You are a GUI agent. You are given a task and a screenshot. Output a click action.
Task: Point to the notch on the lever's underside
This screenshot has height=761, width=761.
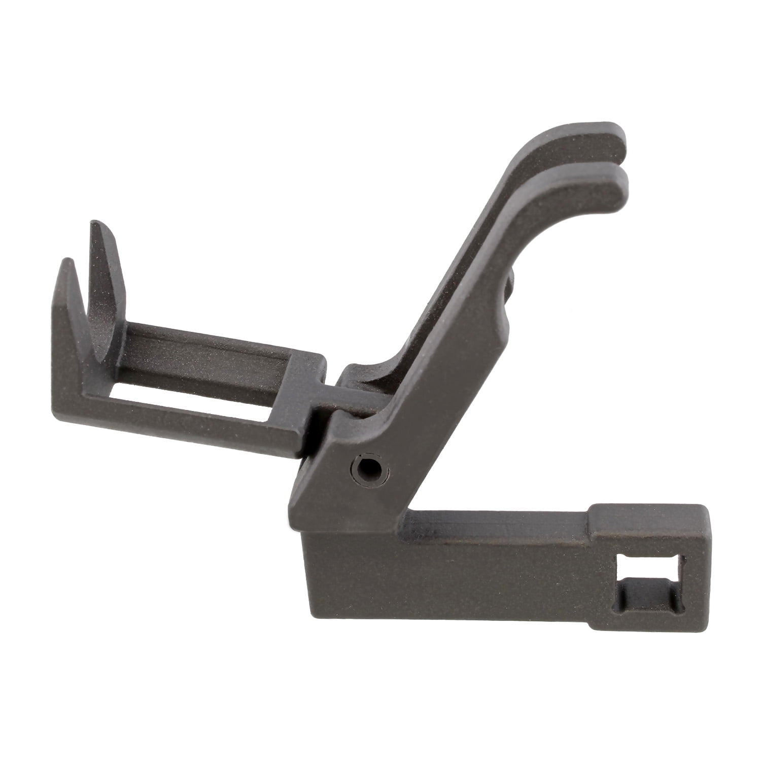[x=510, y=289]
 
